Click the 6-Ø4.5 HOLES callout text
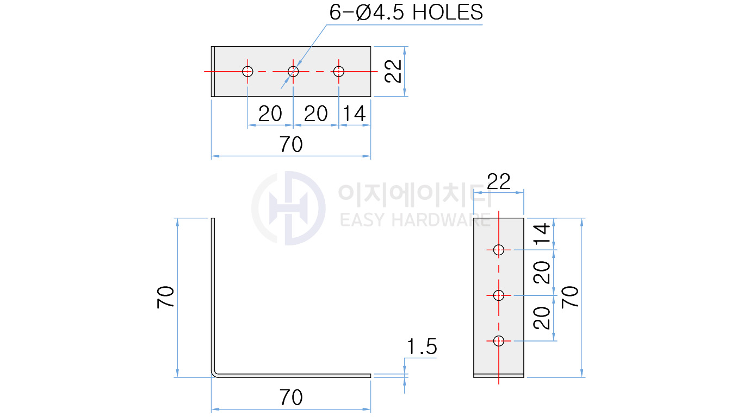click(x=406, y=12)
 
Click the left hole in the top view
click(x=247, y=71)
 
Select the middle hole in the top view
click(x=293, y=71)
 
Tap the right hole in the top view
click(x=339, y=71)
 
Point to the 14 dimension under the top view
click(x=354, y=113)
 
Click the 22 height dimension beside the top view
click(x=393, y=71)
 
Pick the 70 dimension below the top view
click(x=291, y=144)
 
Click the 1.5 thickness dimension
click(x=422, y=346)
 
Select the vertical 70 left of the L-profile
click(x=165, y=298)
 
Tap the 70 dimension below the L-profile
click(x=291, y=397)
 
